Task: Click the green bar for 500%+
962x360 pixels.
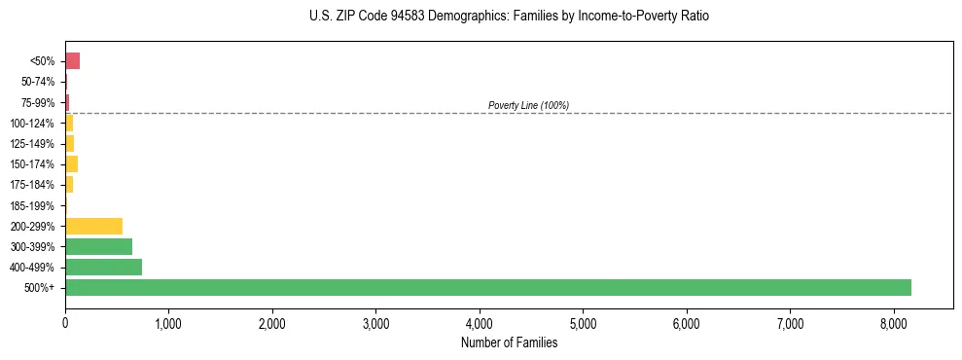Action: click(x=487, y=287)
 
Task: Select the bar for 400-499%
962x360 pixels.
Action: click(x=103, y=267)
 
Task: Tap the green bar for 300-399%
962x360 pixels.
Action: click(x=98, y=246)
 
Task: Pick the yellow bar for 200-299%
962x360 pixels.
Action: click(x=93, y=226)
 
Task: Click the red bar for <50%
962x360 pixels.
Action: click(x=72, y=61)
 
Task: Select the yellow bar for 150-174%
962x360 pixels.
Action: click(x=71, y=163)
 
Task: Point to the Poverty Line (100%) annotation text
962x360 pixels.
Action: click(x=528, y=105)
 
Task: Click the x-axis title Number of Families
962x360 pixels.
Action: click(x=509, y=342)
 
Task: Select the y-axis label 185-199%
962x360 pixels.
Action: click(x=32, y=205)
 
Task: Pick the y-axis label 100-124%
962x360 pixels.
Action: click(x=32, y=124)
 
